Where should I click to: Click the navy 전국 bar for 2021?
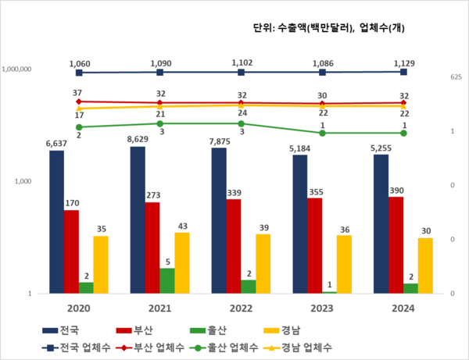click(138, 219)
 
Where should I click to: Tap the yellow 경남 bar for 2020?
click(101, 264)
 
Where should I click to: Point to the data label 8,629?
click(138, 138)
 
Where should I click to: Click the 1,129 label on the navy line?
click(403, 63)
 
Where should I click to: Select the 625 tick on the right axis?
click(456, 77)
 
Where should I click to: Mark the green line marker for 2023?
click(322, 133)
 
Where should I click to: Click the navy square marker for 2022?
click(241, 73)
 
